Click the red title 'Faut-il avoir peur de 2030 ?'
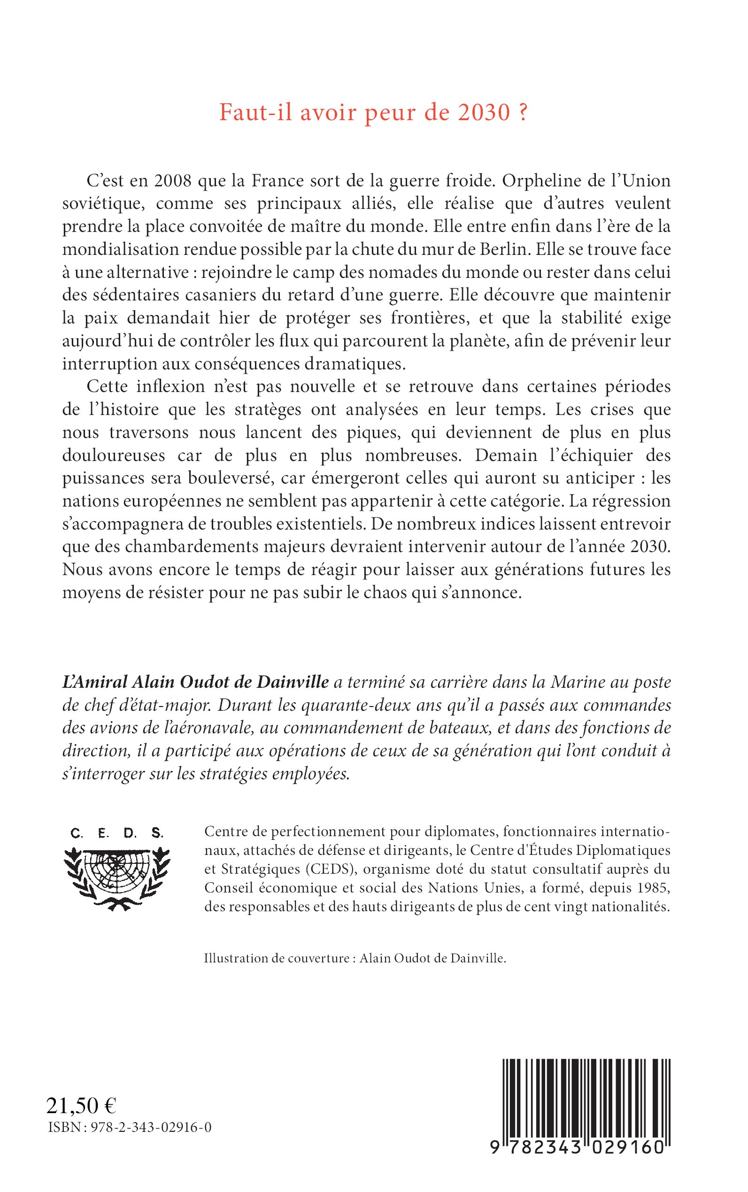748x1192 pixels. click(x=373, y=113)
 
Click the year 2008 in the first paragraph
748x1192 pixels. click(x=172, y=181)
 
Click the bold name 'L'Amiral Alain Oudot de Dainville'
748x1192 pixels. click(x=195, y=682)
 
